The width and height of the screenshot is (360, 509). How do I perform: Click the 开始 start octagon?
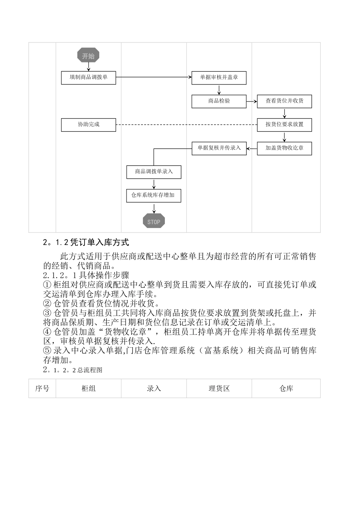[88, 56]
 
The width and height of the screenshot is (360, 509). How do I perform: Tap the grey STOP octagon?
[154, 222]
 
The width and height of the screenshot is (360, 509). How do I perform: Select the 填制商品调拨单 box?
[88, 78]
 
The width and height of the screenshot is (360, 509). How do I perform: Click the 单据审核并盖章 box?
[219, 78]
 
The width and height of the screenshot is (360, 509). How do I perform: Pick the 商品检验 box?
[219, 101]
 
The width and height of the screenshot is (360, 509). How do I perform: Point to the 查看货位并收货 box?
[284, 101]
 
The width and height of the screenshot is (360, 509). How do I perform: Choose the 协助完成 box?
[88, 125]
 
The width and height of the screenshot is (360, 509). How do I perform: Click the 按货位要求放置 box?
[284, 125]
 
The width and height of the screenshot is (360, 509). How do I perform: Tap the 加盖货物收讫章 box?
[284, 148]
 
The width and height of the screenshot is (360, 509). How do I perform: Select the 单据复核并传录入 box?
[219, 148]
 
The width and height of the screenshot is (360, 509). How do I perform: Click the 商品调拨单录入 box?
[154, 172]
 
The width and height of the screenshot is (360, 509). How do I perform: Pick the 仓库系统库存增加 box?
[154, 195]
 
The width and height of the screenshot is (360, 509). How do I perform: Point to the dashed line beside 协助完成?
[186, 125]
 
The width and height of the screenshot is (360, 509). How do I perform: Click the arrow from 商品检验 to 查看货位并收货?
[252, 101]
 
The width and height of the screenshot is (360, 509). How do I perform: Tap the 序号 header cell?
[42, 388]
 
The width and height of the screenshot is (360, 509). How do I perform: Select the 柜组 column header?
[89, 388]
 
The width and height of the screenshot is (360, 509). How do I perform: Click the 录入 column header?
[154, 388]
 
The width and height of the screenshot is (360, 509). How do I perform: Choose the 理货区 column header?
[219, 388]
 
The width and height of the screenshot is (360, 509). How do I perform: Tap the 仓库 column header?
[286, 388]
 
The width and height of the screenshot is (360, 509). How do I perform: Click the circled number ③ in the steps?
[47, 313]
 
